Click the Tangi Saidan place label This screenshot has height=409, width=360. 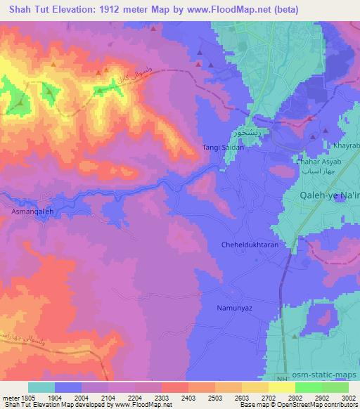223,148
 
